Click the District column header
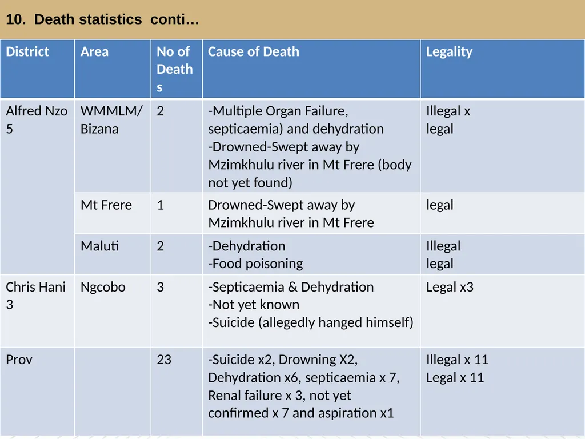click(27, 51)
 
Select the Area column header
click(94, 51)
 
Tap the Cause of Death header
click(253, 51)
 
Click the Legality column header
click(449, 52)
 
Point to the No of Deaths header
click(174, 69)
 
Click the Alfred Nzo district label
click(37, 120)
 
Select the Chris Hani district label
click(35, 296)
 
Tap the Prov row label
click(19, 360)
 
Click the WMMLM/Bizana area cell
click(111, 120)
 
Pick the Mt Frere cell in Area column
click(106, 205)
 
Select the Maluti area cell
click(99, 246)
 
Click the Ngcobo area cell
click(103, 288)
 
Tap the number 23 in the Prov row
click(164, 360)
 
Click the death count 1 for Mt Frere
click(161, 205)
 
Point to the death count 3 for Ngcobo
click(161, 287)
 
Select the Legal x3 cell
click(450, 287)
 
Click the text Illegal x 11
click(457, 360)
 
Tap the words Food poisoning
click(258, 264)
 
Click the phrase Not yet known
click(255, 305)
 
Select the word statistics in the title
click(87, 19)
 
